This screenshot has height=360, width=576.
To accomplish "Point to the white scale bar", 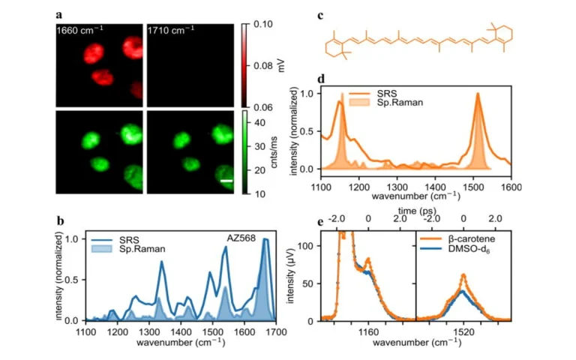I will coord(225,181).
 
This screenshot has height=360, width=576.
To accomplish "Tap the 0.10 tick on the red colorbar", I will coord(262,24).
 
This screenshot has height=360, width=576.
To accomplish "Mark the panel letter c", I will coord(320,14).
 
